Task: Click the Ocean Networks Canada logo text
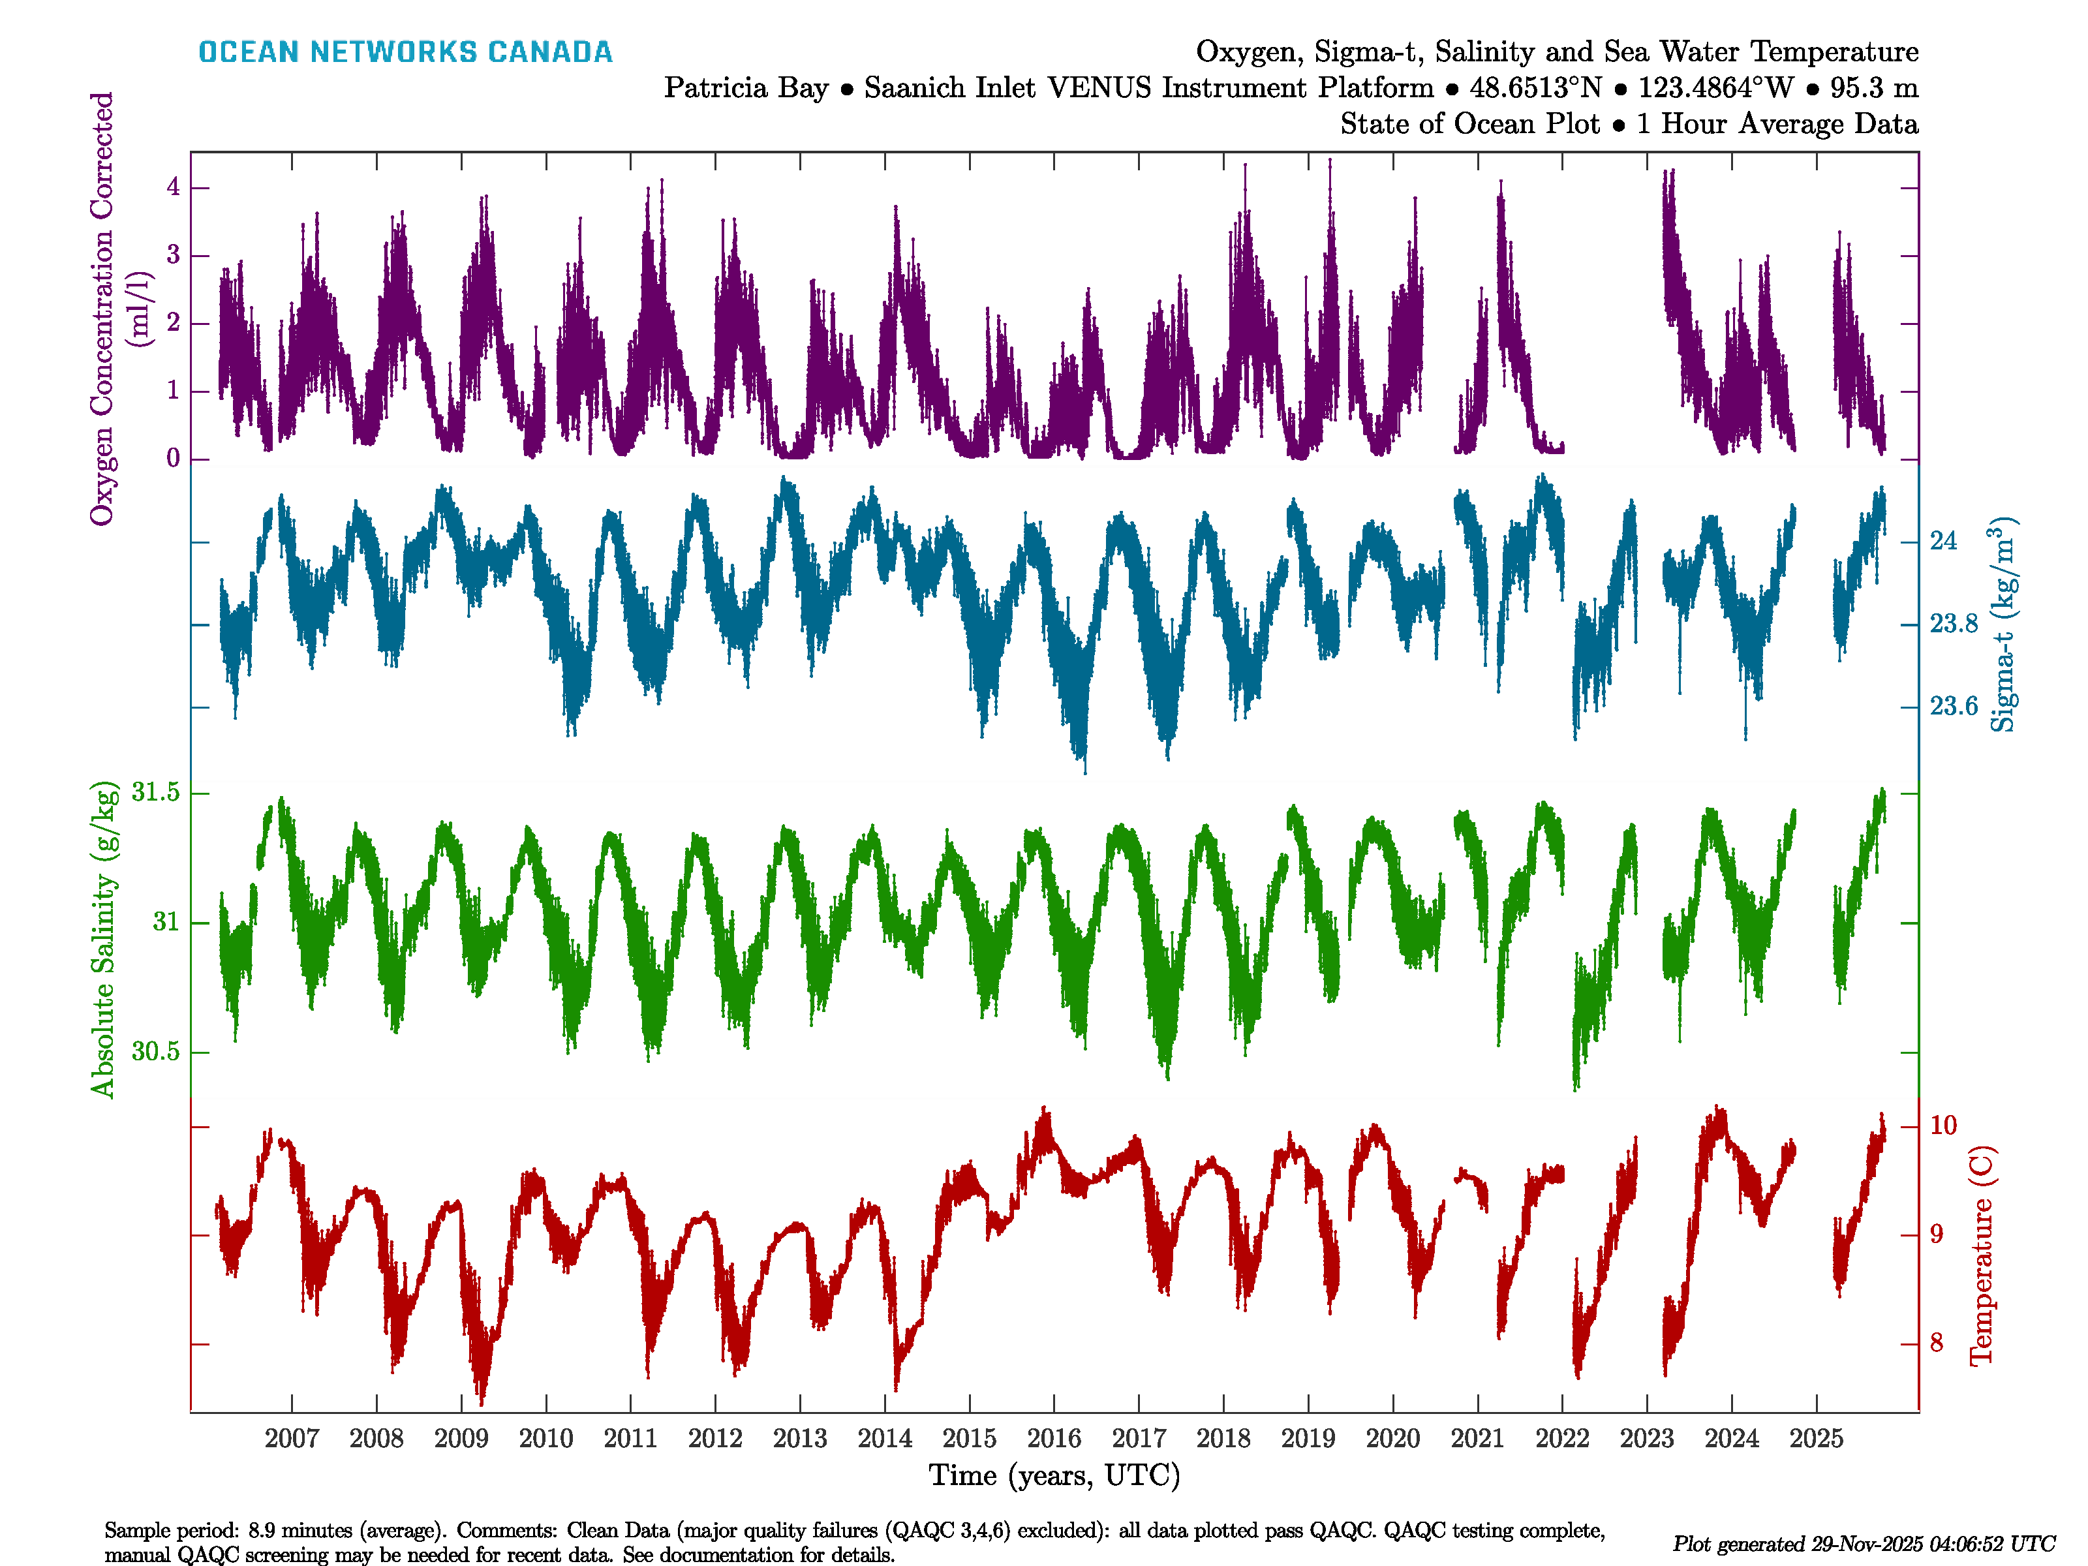[x=405, y=52]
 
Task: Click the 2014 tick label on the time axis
[x=885, y=1439]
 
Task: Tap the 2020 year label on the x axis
[x=1392, y=1439]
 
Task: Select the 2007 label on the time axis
[x=292, y=1439]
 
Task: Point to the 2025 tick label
[x=1816, y=1439]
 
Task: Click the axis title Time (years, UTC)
[x=1054, y=1475]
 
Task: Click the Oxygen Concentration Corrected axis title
[x=102, y=308]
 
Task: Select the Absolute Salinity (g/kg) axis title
[x=103, y=939]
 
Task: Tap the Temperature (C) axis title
[x=1982, y=1255]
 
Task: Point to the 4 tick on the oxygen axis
[x=173, y=187]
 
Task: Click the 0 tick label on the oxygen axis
[x=173, y=459]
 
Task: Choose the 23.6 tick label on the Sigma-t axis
[x=1953, y=706]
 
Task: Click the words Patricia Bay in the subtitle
[x=746, y=88]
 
